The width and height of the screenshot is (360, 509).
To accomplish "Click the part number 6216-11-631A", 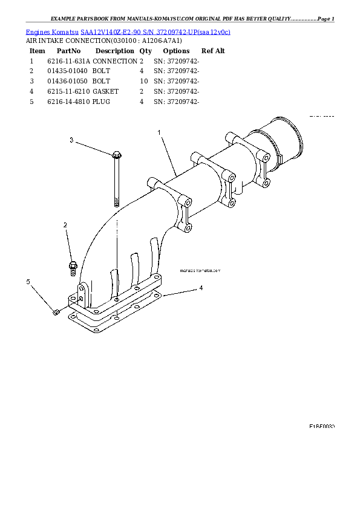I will (68, 61).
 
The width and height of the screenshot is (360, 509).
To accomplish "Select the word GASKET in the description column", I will (105, 91).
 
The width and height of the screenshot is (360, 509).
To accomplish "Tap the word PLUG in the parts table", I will (101, 102).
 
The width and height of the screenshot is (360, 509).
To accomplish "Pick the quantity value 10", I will (143, 81).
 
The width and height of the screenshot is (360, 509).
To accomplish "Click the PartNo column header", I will (68, 51).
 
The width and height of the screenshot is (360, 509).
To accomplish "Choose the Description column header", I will (114, 51).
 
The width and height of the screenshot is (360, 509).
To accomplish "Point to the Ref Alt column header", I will (213, 51).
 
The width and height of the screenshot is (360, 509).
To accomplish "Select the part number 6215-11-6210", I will (68, 91).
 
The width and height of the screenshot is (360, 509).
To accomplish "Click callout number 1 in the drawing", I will (159, 132).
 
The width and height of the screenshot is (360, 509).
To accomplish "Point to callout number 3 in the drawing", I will (71, 140).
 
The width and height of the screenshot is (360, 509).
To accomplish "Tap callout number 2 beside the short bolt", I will (65, 225).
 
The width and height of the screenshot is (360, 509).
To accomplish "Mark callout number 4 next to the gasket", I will (201, 288).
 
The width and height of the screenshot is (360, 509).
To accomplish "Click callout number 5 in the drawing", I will (27, 282).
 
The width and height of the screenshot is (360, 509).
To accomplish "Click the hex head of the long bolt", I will (115, 156).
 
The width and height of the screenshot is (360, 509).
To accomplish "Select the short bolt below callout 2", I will (73, 267).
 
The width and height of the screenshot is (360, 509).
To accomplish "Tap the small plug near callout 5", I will (56, 312).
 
